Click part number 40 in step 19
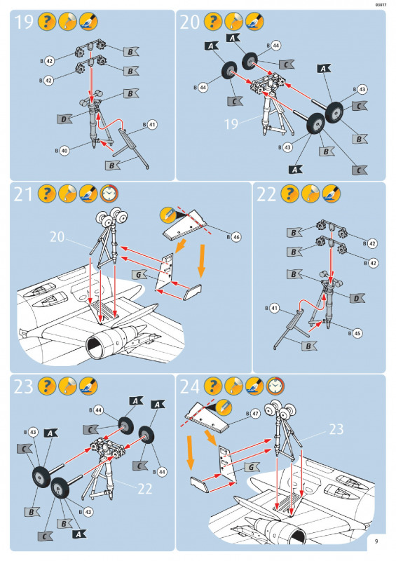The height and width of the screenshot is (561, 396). [64, 151]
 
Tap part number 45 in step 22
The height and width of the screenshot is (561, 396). [357, 334]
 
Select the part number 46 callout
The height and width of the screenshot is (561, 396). [236, 237]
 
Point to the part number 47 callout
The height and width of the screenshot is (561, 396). [254, 414]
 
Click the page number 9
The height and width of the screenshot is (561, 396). [376, 541]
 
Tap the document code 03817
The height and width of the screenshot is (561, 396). [381, 5]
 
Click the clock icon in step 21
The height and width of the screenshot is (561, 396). [109, 194]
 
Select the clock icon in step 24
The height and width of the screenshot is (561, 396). [275, 386]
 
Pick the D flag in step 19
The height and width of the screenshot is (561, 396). [64, 119]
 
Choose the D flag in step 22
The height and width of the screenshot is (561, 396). [357, 299]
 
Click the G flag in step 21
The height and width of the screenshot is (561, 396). [139, 275]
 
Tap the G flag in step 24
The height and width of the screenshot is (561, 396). [252, 467]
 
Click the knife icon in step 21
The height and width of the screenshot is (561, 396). [168, 215]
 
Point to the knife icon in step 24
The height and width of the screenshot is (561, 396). [224, 407]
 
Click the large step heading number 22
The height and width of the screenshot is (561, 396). [266, 194]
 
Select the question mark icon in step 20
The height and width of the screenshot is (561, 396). [213, 22]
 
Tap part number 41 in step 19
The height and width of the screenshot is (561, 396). [152, 125]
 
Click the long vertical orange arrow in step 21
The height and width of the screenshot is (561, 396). [202, 261]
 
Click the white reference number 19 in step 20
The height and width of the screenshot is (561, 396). [231, 124]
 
